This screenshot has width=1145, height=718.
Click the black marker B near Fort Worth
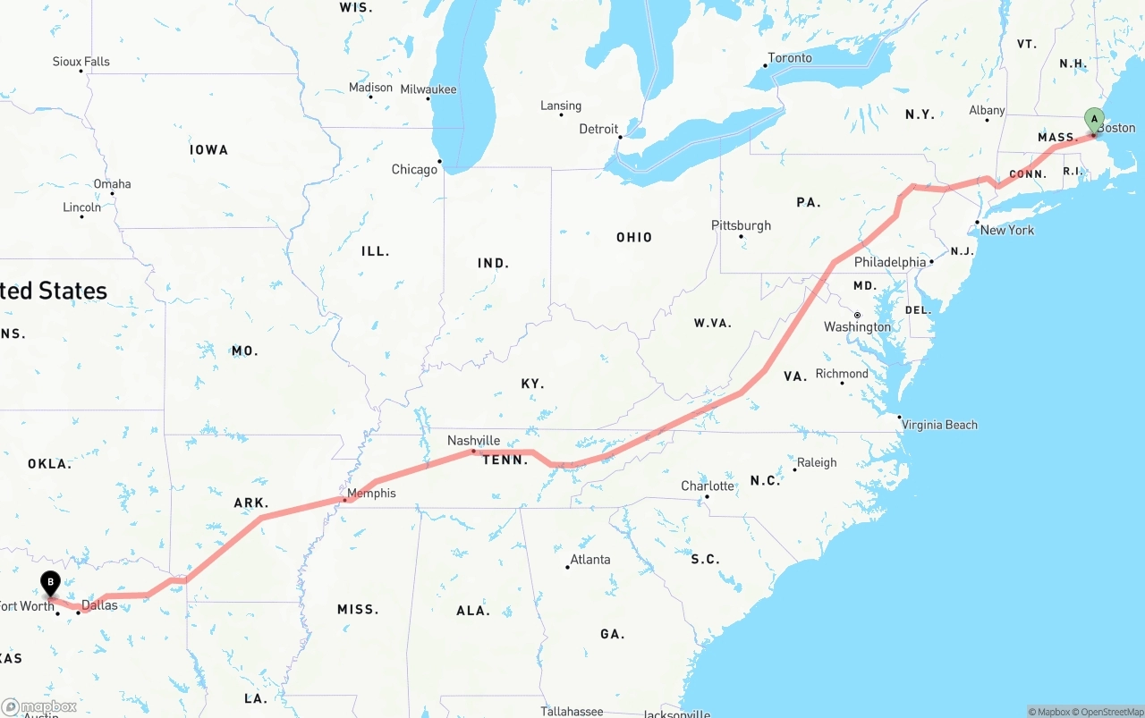pyautogui.click(x=51, y=583)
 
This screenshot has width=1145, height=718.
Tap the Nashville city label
pyautogui.click(x=473, y=440)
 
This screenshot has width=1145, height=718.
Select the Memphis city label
pyautogui.click(x=371, y=493)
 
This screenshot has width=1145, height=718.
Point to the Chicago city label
pyautogui.click(x=414, y=169)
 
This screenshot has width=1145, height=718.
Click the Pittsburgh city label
pyautogui.click(x=741, y=225)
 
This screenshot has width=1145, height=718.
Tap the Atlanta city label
pyautogui.click(x=590, y=560)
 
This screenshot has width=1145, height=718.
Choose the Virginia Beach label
pyautogui.click(x=939, y=425)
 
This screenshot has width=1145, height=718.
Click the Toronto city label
pyautogui.click(x=790, y=58)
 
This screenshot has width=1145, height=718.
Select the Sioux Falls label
pyautogui.click(x=81, y=62)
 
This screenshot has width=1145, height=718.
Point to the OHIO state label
pyautogui.click(x=634, y=238)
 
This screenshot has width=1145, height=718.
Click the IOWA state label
pyautogui.click(x=208, y=150)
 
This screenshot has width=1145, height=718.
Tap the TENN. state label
pyautogui.click(x=505, y=460)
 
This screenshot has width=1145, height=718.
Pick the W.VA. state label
pyautogui.click(x=713, y=323)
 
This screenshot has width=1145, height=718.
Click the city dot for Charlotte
pyautogui.click(x=707, y=496)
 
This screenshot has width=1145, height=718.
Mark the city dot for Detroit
pyautogui.click(x=619, y=137)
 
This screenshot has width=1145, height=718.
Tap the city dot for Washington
pyautogui.click(x=857, y=315)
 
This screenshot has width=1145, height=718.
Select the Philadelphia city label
pyautogui.click(x=890, y=262)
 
